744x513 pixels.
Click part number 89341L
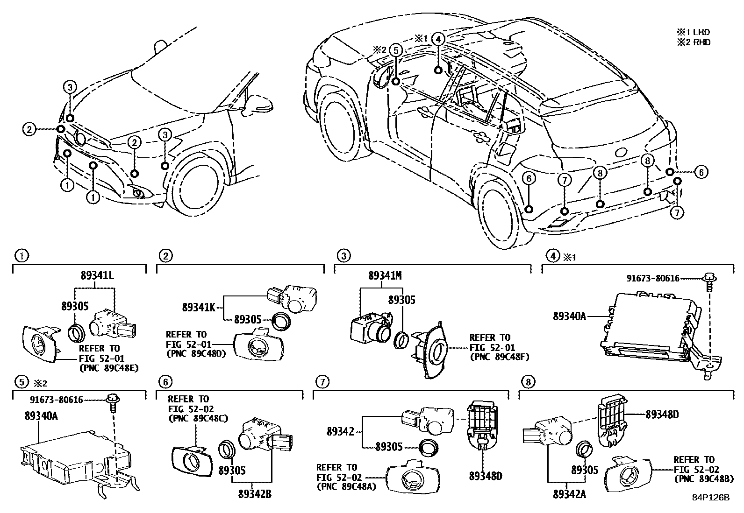click(97, 275)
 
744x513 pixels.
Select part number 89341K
click(199, 308)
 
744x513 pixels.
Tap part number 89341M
click(385, 275)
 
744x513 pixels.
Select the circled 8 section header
click(528, 382)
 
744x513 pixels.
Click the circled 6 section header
click(165, 382)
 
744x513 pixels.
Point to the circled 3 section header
click(343, 256)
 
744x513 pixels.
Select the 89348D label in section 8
click(661, 415)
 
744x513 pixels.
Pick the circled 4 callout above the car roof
click(438, 39)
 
